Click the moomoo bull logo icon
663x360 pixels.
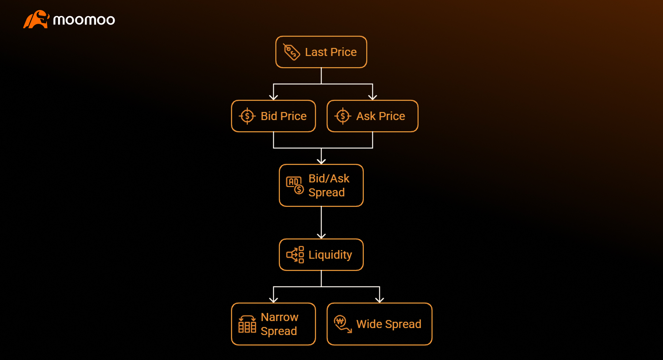tap(36, 19)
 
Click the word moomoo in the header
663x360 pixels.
tap(84, 20)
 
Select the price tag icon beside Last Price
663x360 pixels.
tap(291, 52)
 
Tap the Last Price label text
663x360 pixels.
tap(330, 52)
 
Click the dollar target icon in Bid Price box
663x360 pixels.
tap(247, 116)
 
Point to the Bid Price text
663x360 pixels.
tap(284, 116)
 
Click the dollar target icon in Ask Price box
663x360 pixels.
tap(343, 116)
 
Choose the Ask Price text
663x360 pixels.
tap(381, 116)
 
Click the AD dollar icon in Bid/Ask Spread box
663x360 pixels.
tap(295, 185)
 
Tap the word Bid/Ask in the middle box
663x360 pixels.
tap(329, 178)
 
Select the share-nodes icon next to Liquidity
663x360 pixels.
tap(295, 255)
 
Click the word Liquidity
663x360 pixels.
tap(330, 255)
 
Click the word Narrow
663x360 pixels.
tap(279, 317)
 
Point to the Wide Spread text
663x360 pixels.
tap(388, 324)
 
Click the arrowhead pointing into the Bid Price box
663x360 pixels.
tap(273, 97)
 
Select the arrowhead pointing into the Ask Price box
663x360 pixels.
tap(373, 97)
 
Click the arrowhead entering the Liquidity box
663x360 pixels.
tap(321, 236)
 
